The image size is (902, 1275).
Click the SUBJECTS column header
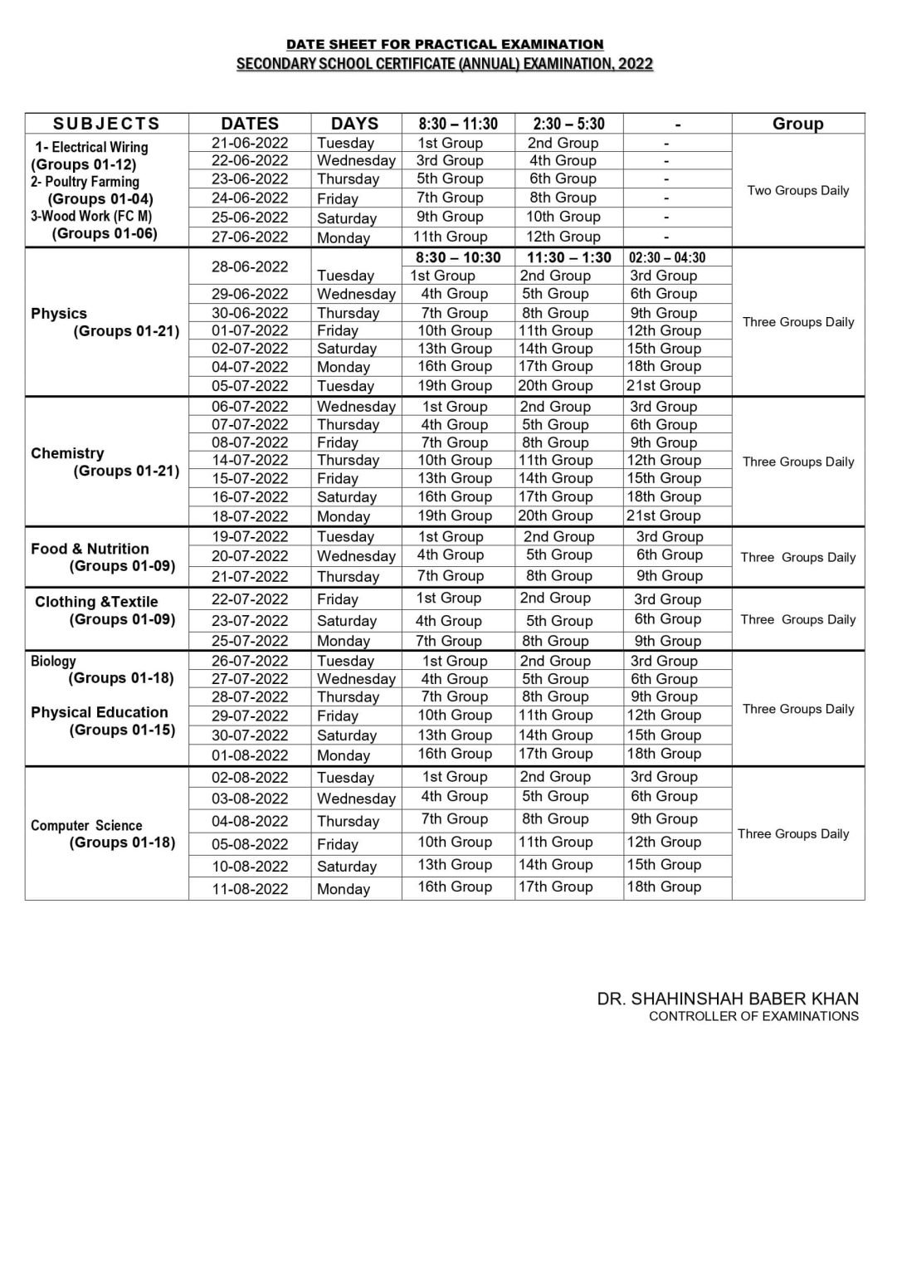(106, 124)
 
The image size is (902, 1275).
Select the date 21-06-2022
(250, 143)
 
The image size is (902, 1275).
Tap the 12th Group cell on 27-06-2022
(563, 237)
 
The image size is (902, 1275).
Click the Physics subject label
(59, 314)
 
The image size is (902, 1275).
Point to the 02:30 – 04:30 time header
(667, 257)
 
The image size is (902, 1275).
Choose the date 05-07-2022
(250, 386)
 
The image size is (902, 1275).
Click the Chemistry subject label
(67, 453)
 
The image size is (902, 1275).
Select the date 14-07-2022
(250, 460)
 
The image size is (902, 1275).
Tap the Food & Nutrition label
(90, 549)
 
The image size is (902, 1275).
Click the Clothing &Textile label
(96, 602)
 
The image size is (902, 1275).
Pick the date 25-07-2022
(250, 641)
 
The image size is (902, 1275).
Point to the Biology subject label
(53, 662)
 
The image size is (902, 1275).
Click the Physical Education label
(100, 712)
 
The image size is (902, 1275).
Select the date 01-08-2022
(250, 755)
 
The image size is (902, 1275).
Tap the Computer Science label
(86, 825)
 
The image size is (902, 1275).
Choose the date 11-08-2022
(250, 889)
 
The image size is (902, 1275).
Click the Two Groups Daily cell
(797, 191)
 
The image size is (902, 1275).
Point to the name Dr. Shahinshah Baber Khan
(728, 999)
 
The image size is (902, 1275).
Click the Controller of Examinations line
(753, 1016)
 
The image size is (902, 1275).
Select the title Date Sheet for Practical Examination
(445, 44)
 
